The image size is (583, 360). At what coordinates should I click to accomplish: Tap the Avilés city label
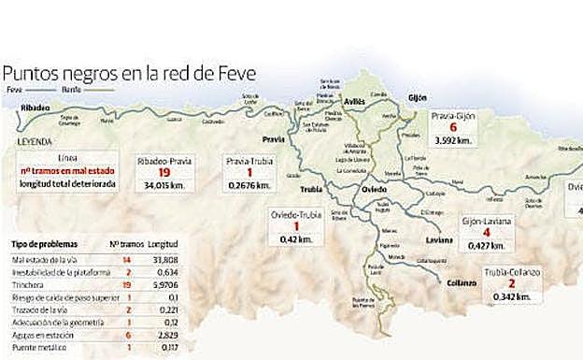(354, 100)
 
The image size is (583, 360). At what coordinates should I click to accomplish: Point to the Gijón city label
(417, 97)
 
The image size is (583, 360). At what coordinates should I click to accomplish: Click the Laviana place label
(438, 239)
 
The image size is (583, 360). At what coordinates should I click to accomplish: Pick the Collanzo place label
(462, 282)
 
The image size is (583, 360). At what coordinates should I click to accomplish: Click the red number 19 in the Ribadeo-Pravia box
(163, 172)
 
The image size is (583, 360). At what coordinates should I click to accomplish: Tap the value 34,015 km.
(164, 185)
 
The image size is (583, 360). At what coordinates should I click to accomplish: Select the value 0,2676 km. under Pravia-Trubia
(248, 185)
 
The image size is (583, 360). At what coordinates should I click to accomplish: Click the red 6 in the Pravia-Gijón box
(453, 127)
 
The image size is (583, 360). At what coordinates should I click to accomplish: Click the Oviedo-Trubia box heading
(296, 214)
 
